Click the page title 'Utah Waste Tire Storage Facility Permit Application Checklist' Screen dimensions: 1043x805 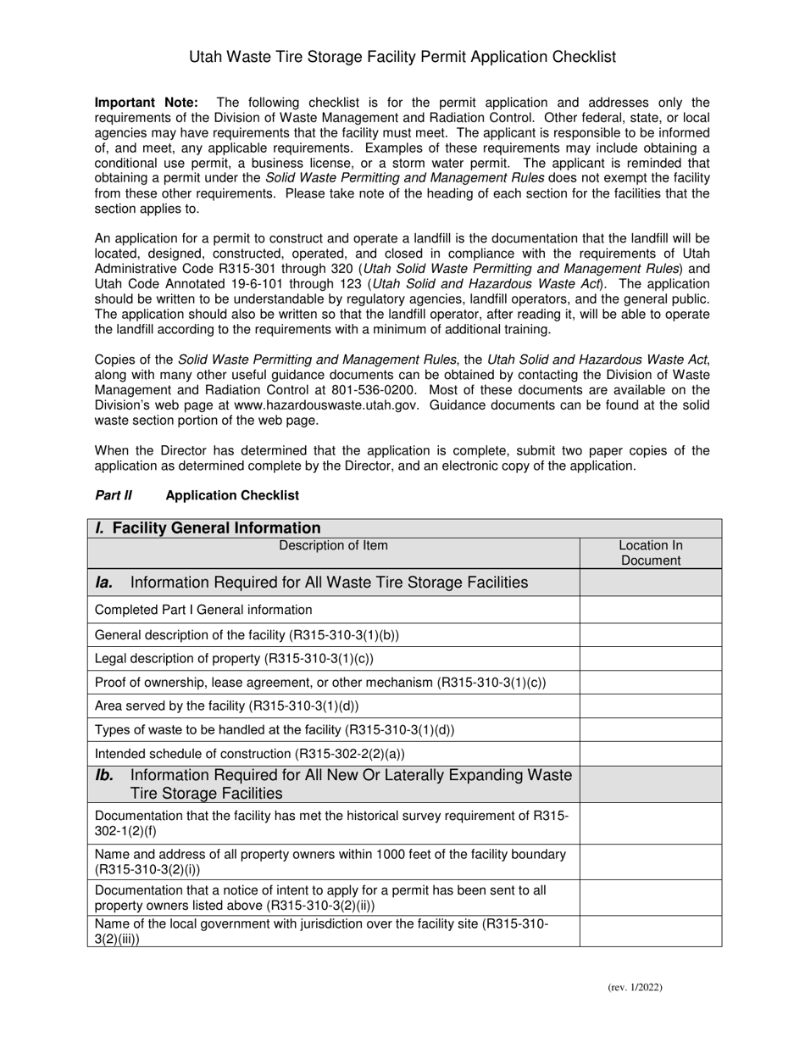coord(402,58)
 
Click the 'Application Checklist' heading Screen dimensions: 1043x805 coord(232,495)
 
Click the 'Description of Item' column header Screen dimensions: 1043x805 coord(334,545)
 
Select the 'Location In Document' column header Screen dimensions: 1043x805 coord(650,553)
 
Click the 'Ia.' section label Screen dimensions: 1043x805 coord(104,583)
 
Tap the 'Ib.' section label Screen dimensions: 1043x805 coord(104,775)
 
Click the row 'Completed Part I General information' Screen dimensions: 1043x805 coord(203,610)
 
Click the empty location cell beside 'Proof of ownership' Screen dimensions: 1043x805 coord(650,682)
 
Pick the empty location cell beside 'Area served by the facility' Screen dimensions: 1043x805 coord(650,706)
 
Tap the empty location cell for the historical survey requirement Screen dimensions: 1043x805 coord(650,823)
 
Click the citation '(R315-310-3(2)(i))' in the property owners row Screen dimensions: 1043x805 coord(147,870)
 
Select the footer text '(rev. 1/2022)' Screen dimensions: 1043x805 coord(635,987)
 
